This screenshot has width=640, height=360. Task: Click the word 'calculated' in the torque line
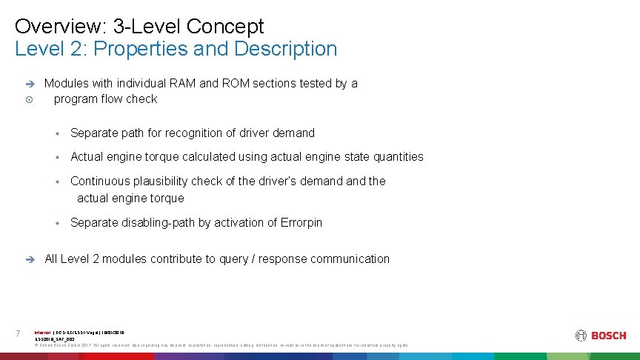point(199,157)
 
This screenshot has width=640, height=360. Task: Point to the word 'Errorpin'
point(301,223)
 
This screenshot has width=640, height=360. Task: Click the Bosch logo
point(601,336)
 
